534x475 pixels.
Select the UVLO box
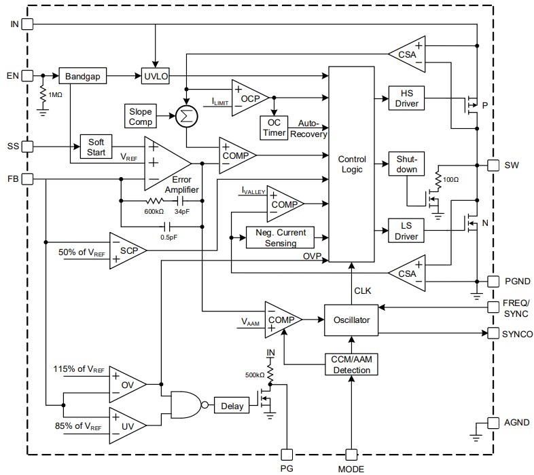(x=156, y=76)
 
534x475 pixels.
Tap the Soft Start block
(x=96, y=147)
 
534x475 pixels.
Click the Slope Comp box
(x=140, y=117)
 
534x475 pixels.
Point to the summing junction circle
(x=185, y=117)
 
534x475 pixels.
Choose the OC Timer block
(x=274, y=127)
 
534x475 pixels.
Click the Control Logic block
(x=351, y=164)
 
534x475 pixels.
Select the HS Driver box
(x=406, y=98)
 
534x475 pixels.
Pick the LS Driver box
(x=406, y=230)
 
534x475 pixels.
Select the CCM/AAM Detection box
(x=351, y=364)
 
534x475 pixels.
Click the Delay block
(x=232, y=407)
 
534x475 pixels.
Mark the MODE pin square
(x=351, y=454)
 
